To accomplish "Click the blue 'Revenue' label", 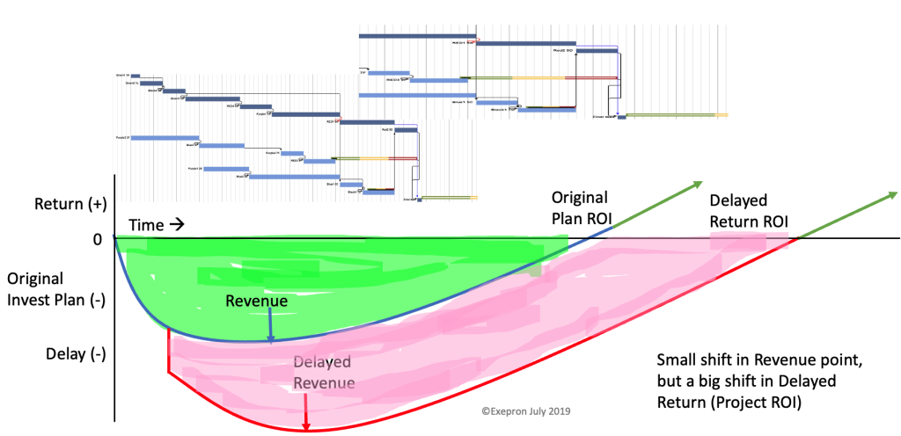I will (257, 302).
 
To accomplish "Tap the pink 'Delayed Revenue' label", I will (323, 373).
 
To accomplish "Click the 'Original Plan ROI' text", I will (580, 207).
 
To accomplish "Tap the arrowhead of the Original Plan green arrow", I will (697, 185).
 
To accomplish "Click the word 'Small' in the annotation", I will (676, 360).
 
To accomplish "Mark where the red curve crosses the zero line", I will (797, 238).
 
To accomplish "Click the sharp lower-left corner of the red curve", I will (168, 369).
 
